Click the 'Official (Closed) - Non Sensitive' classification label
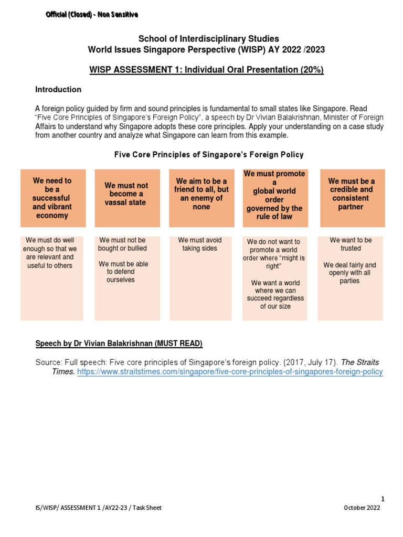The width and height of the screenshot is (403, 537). pos(92,15)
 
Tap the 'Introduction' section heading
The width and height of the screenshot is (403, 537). pos(58,90)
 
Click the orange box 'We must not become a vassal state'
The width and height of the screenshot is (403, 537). pos(126,194)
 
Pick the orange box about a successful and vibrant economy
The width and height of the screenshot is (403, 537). pos(51,198)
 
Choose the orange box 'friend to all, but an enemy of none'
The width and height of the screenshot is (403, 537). pos(201,194)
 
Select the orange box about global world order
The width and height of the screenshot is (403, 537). pos(275,195)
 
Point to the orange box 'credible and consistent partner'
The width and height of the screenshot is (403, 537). pos(351,194)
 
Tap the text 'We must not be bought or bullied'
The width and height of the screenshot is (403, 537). pos(122,244)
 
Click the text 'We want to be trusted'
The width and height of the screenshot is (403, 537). pos(351,244)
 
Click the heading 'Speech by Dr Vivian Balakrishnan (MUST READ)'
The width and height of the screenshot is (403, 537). pos(119,343)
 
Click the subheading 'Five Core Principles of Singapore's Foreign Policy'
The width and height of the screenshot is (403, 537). pos(209,155)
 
